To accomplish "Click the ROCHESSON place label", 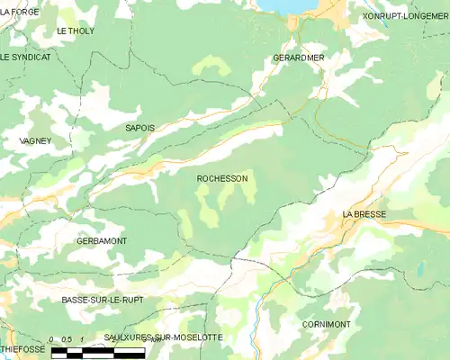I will coord(222,179).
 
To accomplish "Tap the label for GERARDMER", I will coord(298,58).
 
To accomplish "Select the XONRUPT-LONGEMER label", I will coord(405,16).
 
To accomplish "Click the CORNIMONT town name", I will coord(327,323).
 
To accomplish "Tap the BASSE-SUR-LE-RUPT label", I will coord(102,299).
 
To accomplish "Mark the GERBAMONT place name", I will coord(102,241).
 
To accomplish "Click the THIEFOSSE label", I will coord(22,347).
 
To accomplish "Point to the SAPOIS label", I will coord(139,129).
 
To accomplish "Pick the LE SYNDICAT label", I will coord(26,57).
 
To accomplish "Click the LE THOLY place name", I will coord(76,31).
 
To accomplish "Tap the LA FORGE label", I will coord(20,12).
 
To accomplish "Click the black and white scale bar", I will coord(85,352).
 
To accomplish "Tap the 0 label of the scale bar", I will coord(53,339).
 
